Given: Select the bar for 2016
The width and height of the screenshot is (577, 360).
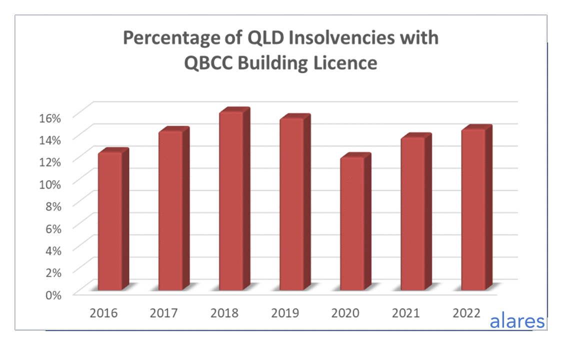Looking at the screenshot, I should [x=110, y=221].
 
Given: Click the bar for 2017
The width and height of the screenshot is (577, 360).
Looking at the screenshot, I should [x=170, y=210].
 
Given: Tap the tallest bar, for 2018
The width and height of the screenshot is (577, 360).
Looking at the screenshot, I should [x=231, y=200].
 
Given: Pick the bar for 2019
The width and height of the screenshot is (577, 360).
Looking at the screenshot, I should [x=292, y=204].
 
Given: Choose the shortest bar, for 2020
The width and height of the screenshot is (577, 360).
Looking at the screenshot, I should [x=352, y=223].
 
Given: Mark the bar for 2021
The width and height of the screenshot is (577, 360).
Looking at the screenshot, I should [x=413, y=213].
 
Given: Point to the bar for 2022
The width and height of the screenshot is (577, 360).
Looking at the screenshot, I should [x=473, y=209].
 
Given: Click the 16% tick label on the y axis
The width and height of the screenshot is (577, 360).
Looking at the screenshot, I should [x=50, y=118].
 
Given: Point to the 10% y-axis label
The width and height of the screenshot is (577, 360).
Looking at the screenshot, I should [x=50, y=184].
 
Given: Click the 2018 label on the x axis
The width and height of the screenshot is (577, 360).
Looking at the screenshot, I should [x=224, y=313].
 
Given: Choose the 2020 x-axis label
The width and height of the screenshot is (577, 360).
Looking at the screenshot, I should [x=345, y=313].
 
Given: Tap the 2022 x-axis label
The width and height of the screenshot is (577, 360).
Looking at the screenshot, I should [x=466, y=313].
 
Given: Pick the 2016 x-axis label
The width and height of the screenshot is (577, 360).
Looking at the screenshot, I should [x=103, y=313].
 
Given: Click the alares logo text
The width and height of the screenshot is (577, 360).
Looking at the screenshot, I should [x=517, y=321].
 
